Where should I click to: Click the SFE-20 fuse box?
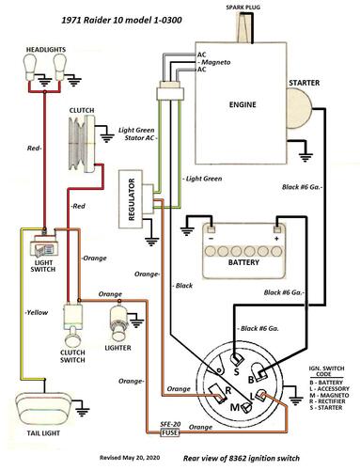[170, 432]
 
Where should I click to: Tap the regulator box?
[131, 199]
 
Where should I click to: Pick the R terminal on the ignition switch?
[217, 393]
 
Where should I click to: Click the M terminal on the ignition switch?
[246, 407]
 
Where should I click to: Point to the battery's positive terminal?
[276, 228]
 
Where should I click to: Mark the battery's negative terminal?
[211, 228]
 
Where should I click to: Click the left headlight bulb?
[30, 67]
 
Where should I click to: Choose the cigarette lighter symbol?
[119, 322]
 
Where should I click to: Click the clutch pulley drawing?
[82, 143]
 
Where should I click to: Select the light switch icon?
[44, 247]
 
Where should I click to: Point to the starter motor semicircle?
[299, 108]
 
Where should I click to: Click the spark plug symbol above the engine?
[244, 27]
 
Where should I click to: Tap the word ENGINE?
[243, 104]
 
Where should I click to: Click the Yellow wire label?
[37, 312]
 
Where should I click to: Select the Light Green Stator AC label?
[137, 133]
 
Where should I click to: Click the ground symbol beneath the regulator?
[151, 242]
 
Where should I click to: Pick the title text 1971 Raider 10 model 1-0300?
[121, 21]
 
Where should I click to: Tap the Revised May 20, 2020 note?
[130, 458]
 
